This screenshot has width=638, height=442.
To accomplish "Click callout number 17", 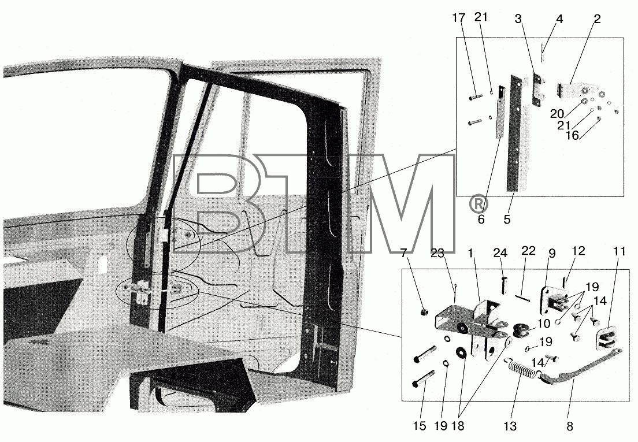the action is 459,18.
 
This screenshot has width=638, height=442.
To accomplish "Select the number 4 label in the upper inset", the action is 559,19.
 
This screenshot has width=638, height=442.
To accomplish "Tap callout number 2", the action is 597,19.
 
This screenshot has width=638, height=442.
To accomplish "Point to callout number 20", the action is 557,114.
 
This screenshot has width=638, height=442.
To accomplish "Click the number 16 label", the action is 573,135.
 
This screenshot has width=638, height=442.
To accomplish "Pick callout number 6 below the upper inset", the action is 481,219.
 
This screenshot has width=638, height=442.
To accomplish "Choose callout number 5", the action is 507,219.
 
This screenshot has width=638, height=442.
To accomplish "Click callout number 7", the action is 403,254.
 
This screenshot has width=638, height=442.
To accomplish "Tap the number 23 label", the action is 437,254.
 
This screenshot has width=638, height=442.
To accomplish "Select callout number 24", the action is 500,254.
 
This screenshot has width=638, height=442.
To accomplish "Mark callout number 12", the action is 578,251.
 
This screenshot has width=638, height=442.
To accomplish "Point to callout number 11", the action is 619,252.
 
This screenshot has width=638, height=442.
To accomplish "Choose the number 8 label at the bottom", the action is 570,426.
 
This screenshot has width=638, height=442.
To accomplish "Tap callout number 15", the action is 420,426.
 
